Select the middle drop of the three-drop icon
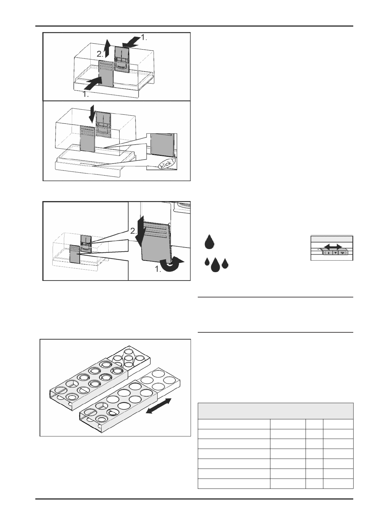click(x=215, y=265)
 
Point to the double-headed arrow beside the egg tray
click(x=159, y=406)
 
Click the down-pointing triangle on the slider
click(x=335, y=253)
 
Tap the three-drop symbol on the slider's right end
click(x=343, y=253)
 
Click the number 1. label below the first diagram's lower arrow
click(x=86, y=95)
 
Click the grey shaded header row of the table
click(x=275, y=411)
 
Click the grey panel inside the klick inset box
click(x=162, y=145)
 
